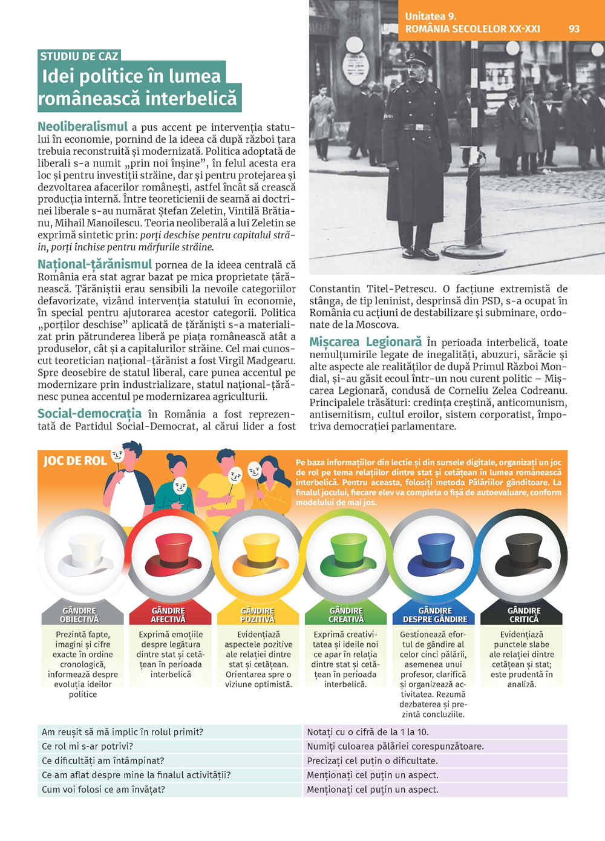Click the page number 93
coord(574,29)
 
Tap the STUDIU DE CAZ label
coord(79,56)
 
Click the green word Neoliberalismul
coord(83,127)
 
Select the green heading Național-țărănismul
coord(94,264)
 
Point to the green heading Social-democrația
coord(90,414)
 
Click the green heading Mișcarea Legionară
coord(365,342)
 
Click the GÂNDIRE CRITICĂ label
coord(523,615)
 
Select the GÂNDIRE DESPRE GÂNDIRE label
coord(435,615)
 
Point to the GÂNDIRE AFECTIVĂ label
coord(168,615)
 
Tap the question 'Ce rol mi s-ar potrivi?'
coord(88,746)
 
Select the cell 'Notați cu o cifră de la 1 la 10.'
coord(368,732)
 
